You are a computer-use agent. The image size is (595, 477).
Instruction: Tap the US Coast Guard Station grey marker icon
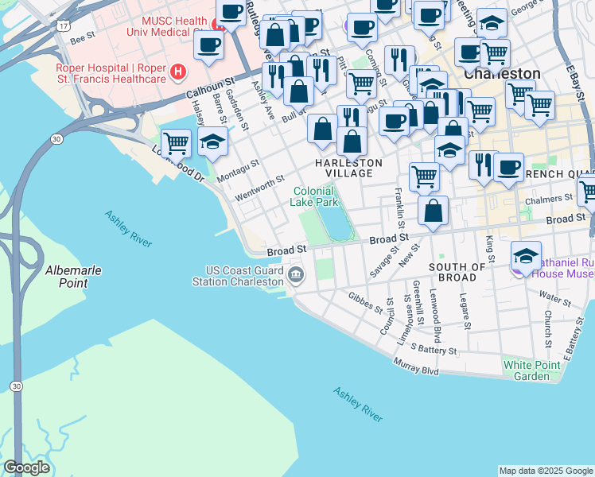[296, 275]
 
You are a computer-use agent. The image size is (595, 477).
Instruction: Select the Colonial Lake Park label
[316, 196]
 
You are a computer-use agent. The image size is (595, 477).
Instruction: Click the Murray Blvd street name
[416, 366]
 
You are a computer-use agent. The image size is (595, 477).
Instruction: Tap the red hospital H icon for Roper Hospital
[178, 73]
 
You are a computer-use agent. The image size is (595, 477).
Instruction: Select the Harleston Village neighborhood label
[348, 168]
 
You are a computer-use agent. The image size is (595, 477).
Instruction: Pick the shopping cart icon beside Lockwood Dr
[176, 143]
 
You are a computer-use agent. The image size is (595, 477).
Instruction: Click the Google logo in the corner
[26, 467]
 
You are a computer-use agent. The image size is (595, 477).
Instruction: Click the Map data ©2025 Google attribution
[545, 471]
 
